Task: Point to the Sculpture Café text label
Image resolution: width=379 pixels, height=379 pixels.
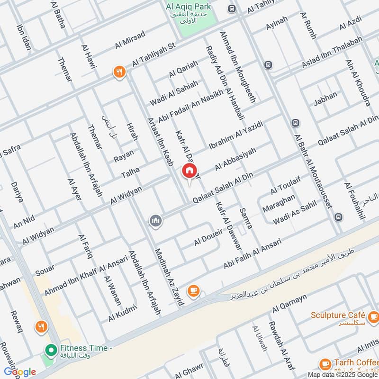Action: pyautogui.click(x=338, y=315)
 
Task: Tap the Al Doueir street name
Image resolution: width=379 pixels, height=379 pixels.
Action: pyautogui.click(x=208, y=238)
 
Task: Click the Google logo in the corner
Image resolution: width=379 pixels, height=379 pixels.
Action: pyautogui.click(x=19, y=372)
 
